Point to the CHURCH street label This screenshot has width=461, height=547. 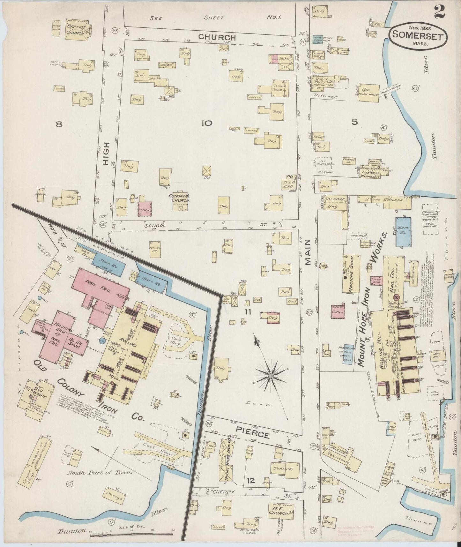pyautogui.click(x=217, y=37)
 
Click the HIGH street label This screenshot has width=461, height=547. pyautogui.click(x=106, y=153)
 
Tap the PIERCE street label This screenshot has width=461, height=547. pyautogui.click(x=253, y=435)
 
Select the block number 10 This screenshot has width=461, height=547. pyautogui.click(x=206, y=123)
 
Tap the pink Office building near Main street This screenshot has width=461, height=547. pyautogui.click(x=338, y=311)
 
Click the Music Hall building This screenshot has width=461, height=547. pyautogui.click(x=369, y=93)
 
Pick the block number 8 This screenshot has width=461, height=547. pyautogui.click(x=59, y=125)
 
